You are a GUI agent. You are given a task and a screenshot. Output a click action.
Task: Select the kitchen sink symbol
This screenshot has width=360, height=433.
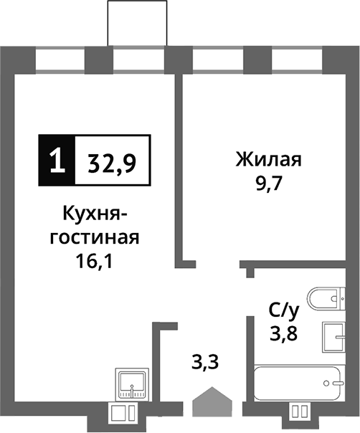pos(131,386)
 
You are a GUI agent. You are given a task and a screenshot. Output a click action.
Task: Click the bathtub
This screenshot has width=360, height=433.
pos(300,386)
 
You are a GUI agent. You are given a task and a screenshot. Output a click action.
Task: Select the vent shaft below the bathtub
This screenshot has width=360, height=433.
pos(300,412)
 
